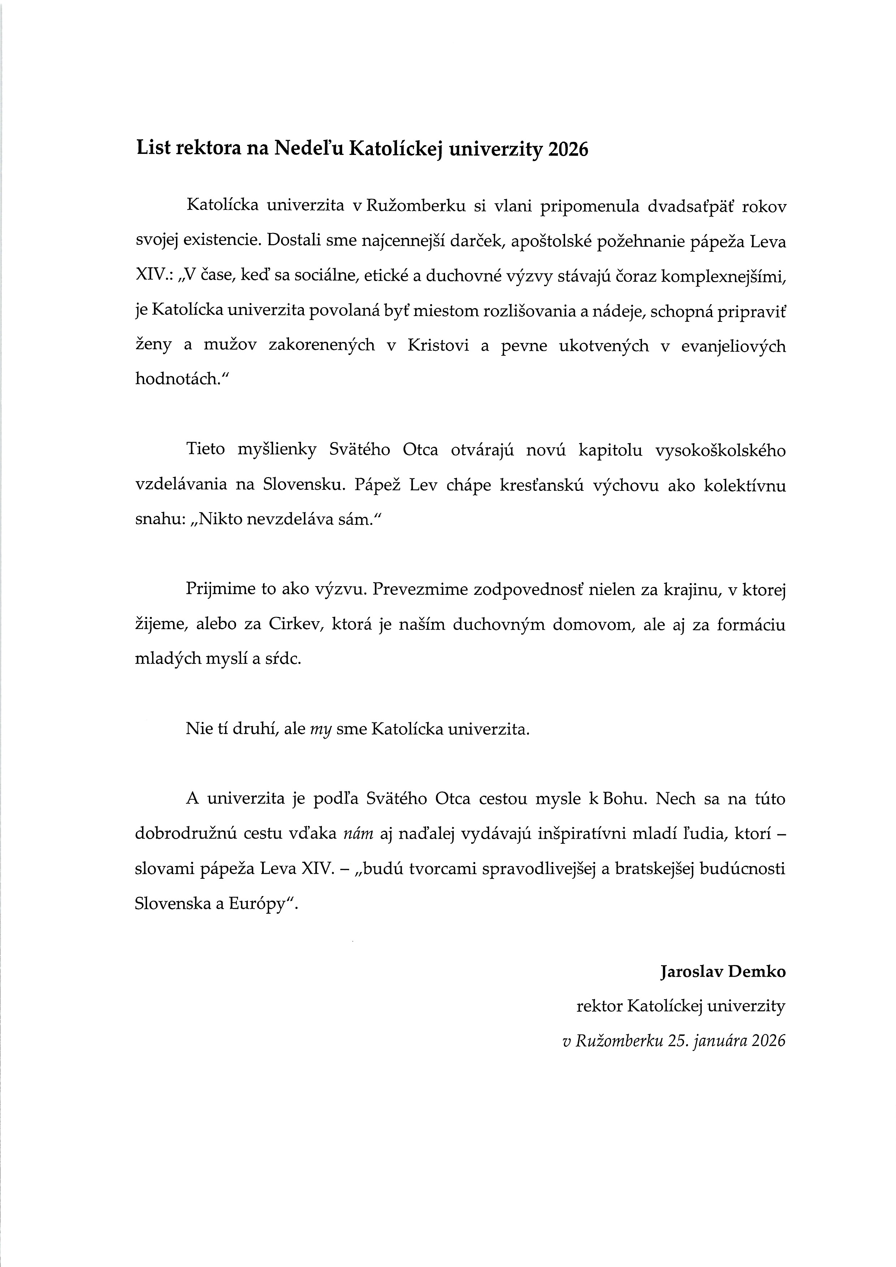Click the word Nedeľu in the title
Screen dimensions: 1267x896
[306, 150]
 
